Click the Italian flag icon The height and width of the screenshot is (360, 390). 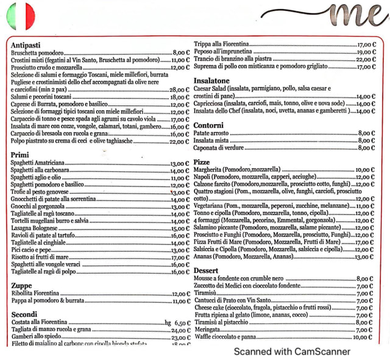21,16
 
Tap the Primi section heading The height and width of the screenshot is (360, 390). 20,155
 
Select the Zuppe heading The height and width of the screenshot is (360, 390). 21,285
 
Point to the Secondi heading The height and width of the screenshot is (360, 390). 24,314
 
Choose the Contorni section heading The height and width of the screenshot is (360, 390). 208,125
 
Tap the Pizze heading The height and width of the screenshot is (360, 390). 202,162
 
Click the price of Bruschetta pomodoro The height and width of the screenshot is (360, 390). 182,53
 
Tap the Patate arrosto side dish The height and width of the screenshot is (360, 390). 210,133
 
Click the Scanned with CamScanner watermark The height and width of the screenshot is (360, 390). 292,351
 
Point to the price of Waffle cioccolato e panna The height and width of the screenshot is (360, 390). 362,337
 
